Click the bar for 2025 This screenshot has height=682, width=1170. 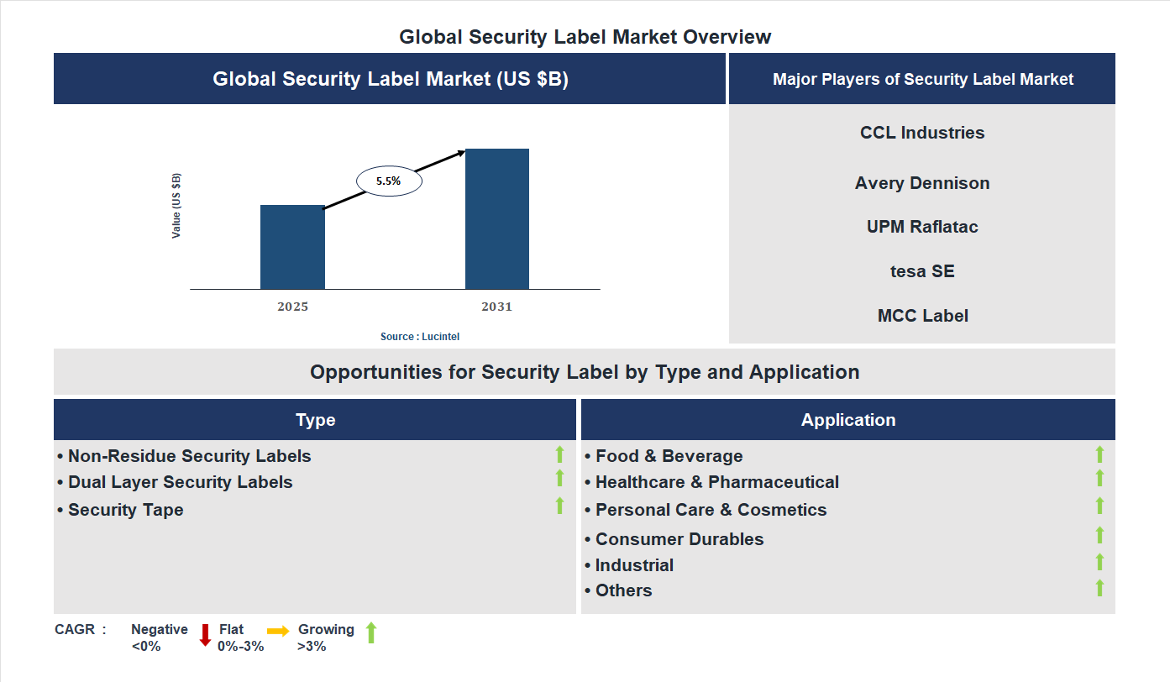click(x=292, y=247)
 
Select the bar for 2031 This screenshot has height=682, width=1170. click(x=497, y=219)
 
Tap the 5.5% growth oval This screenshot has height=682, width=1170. click(x=389, y=181)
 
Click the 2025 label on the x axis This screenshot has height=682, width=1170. click(x=292, y=307)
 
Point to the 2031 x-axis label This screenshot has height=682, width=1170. click(x=496, y=307)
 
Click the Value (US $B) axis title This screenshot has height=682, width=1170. click(x=176, y=206)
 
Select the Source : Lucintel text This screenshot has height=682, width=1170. click(x=420, y=336)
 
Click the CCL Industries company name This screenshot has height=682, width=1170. click(x=922, y=133)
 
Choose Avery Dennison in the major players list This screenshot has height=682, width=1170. click(x=922, y=183)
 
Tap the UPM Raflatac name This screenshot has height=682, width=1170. click(x=922, y=227)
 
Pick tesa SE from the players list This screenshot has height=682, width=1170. click(x=922, y=271)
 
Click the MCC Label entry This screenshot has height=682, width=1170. click(x=922, y=316)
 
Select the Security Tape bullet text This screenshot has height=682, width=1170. click(x=125, y=510)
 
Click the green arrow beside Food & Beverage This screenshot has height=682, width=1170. click(x=1099, y=454)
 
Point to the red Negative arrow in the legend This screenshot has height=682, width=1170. click(x=205, y=635)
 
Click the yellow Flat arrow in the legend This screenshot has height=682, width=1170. click(x=278, y=631)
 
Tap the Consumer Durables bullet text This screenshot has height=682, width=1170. click(x=679, y=539)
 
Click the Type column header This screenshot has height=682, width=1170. click(x=315, y=420)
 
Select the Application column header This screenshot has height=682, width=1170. click(x=847, y=420)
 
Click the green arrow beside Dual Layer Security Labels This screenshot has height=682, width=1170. click(x=559, y=478)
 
